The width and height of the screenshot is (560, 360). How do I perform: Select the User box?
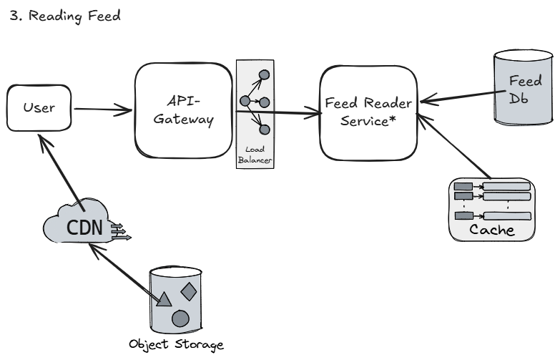(39, 109)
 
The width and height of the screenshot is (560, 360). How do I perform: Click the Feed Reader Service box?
(368, 112)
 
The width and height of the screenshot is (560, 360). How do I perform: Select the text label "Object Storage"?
(176, 345)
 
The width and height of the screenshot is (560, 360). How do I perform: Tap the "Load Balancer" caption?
(256, 155)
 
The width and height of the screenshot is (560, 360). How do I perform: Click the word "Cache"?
(492, 230)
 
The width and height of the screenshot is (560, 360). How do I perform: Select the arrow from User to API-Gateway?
(103, 110)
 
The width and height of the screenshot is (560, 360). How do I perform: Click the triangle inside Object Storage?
(163, 298)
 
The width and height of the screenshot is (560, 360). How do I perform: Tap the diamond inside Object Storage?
(188, 291)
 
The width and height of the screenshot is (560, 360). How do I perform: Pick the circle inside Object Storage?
(181, 318)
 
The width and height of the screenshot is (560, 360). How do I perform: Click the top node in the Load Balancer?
(264, 74)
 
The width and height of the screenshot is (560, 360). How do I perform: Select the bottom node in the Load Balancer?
(264, 129)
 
